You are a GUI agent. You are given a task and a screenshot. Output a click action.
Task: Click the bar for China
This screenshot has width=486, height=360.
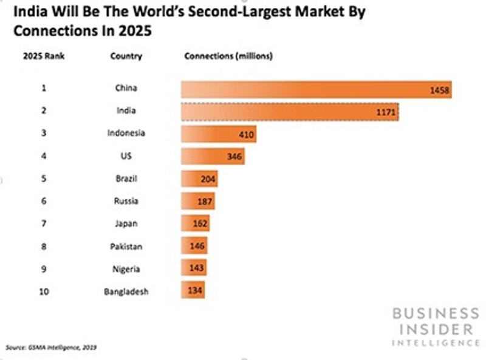[x=316, y=89]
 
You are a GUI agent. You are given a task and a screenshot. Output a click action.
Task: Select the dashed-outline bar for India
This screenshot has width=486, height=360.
[x=290, y=112]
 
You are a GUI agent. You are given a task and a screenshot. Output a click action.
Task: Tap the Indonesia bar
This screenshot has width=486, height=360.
[x=218, y=134]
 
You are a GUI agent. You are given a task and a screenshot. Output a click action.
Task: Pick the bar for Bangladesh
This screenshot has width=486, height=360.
[x=193, y=290]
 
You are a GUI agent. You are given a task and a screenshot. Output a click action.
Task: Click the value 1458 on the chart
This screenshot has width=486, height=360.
[x=439, y=90]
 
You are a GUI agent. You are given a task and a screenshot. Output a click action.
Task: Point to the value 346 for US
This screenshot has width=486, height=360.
[x=234, y=157]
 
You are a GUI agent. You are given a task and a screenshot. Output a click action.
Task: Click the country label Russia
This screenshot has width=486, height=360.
[x=126, y=201]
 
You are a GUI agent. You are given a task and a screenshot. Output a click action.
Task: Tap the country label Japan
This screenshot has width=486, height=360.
[x=126, y=223]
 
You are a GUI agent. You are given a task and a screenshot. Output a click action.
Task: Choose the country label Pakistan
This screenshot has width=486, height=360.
[x=126, y=246]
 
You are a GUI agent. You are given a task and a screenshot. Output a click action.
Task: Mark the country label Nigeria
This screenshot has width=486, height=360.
[x=126, y=268]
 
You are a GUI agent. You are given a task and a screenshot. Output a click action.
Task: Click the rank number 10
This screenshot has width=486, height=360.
[x=44, y=291]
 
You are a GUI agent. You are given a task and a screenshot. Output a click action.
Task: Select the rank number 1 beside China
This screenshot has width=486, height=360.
[x=44, y=88]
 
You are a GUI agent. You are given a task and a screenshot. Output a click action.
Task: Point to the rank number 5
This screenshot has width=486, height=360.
[x=44, y=178]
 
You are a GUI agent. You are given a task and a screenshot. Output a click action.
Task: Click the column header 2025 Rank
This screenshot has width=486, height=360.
[x=44, y=56]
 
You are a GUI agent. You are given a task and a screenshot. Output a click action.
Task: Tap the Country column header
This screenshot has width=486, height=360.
[x=126, y=56]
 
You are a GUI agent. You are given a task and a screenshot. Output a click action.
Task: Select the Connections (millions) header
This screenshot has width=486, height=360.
[x=228, y=56]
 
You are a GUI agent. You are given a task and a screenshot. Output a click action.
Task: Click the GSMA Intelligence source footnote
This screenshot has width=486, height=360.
[x=51, y=348]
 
